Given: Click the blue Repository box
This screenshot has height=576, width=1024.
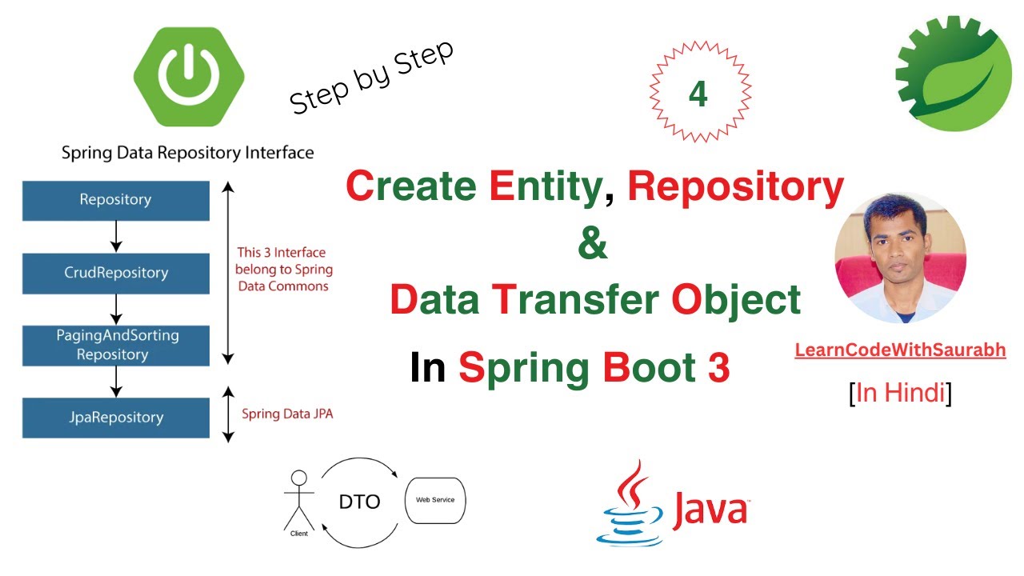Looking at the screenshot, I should [x=115, y=200].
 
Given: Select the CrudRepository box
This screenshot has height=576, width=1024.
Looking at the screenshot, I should [x=115, y=273].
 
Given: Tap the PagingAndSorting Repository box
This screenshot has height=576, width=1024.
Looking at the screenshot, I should [x=115, y=345].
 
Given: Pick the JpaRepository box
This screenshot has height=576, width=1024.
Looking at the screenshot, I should [x=115, y=418].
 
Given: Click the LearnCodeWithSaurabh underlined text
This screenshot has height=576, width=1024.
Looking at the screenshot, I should [x=900, y=350].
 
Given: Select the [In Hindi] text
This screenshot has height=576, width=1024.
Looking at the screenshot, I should [x=900, y=393].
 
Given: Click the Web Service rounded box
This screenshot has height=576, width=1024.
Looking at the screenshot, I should [x=436, y=501].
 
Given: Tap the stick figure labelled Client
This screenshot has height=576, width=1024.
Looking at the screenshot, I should [x=298, y=502].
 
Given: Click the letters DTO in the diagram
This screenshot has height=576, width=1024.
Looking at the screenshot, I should [x=360, y=502].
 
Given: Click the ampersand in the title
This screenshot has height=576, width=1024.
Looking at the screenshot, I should [x=592, y=244].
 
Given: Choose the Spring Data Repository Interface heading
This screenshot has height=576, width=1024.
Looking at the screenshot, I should [x=187, y=152].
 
